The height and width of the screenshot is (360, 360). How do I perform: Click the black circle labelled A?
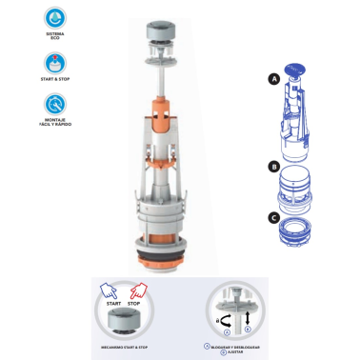pyautogui.click(x=273, y=82)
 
